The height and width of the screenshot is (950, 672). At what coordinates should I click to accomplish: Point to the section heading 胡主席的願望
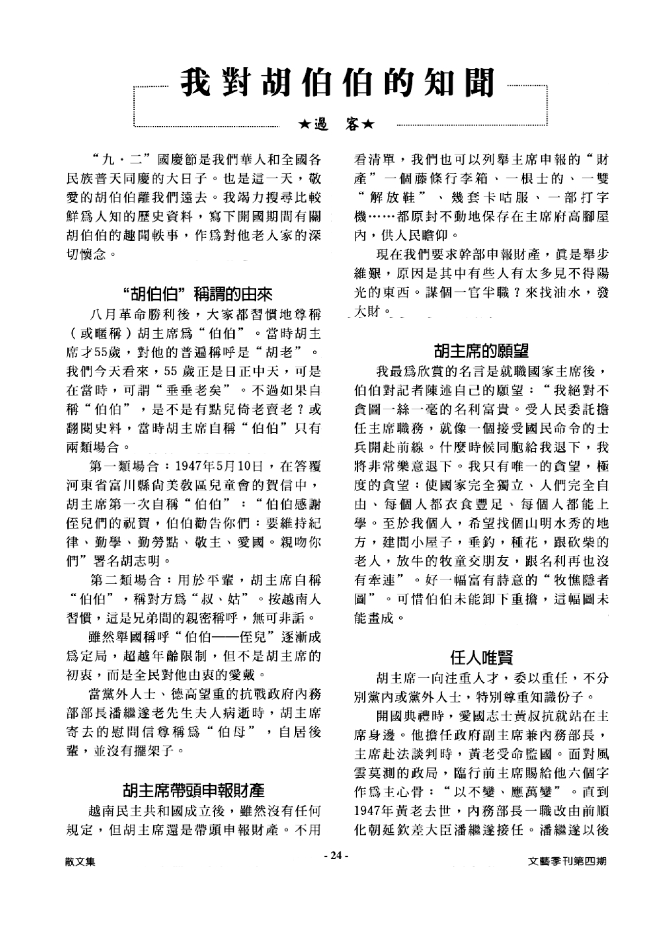[x=481, y=350]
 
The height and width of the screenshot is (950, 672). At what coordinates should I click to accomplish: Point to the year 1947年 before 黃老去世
[x=375, y=811]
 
